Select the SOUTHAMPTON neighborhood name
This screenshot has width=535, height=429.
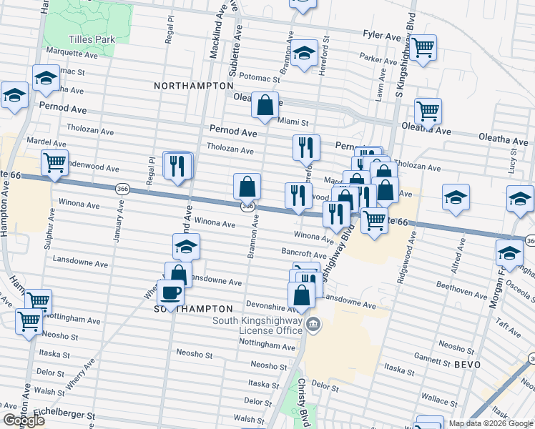click(194, 308)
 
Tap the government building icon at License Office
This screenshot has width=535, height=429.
click(313, 326)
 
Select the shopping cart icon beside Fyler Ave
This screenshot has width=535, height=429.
click(423, 47)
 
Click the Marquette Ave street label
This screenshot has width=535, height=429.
click(72, 54)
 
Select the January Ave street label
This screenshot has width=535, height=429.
click(119, 223)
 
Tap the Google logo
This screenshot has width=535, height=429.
click(24, 421)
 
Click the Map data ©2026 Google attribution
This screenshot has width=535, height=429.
click(491, 423)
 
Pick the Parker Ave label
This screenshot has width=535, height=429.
click(378, 59)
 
